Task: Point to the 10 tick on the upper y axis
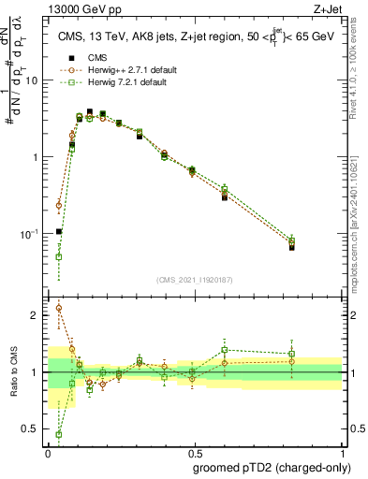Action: click(x=35, y=80)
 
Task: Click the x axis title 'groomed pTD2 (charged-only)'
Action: click(x=268, y=467)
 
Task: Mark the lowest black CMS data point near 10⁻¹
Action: click(x=59, y=231)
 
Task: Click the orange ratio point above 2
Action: click(x=59, y=308)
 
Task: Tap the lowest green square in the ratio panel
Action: click(x=59, y=434)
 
